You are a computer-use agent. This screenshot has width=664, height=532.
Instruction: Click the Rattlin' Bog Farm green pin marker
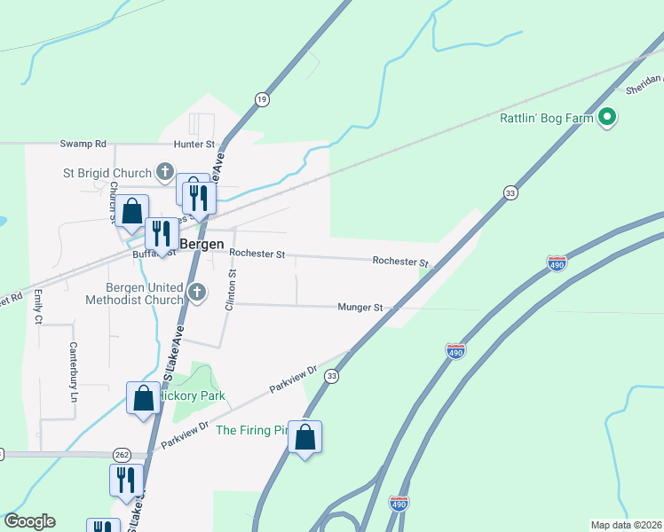[x=607, y=116]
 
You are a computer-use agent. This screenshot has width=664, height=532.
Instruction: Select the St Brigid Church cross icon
[x=164, y=171]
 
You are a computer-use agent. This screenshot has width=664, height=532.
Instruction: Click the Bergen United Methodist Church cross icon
[x=197, y=292]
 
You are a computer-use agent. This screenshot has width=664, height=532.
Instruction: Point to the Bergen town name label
[x=202, y=243]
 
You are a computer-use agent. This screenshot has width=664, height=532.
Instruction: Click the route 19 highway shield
[x=261, y=99]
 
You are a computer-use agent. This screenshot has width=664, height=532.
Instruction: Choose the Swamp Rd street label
[x=83, y=143]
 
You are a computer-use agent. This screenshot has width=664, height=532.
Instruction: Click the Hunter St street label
[x=194, y=143]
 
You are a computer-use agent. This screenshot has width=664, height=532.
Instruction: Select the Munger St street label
[x=360, y=308]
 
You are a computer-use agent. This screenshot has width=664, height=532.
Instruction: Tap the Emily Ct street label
[x=39, y=302]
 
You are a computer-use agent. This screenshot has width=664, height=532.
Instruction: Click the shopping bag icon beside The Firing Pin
[x=304, y=437]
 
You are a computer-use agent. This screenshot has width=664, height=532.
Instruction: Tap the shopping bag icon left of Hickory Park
[x=144, y=398]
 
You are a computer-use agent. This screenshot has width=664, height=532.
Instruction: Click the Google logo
[x=29, y=521]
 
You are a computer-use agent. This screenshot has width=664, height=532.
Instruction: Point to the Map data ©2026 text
[x=626, y=525]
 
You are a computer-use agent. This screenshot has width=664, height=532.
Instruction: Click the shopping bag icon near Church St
[x=131, y=211]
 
